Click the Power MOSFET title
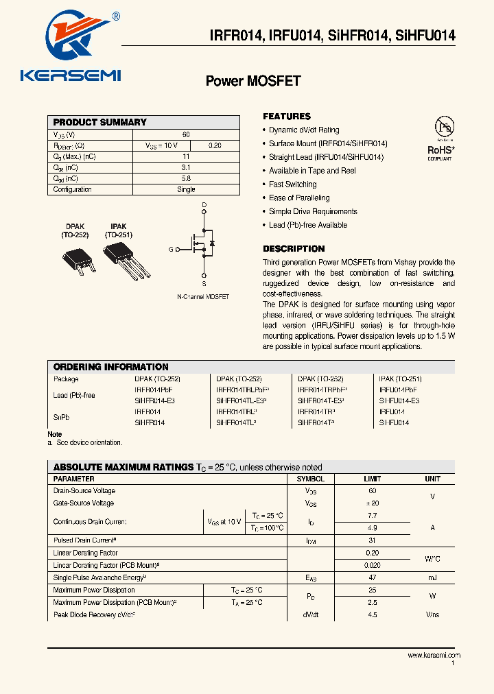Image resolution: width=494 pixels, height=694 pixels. pos(253,81)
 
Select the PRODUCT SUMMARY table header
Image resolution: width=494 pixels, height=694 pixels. pos(100,122)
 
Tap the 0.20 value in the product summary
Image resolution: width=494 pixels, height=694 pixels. pos(215,145)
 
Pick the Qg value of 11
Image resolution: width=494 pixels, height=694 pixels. pos(186,156)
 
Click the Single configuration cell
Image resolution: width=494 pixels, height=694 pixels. pos(186,189)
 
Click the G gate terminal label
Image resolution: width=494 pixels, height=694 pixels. pos(171,250)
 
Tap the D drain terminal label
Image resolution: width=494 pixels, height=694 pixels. pos(204,205)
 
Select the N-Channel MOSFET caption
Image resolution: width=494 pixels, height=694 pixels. pos(203,297)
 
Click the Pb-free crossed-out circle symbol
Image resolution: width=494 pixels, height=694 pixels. pos(445,127)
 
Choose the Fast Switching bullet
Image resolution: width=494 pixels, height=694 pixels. pos(292,184)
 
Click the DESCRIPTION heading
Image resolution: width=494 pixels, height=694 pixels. pos(294,249)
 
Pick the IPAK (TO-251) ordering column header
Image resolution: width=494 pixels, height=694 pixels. pos(400,379)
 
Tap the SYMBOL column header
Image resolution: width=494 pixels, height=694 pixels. pos(310,479)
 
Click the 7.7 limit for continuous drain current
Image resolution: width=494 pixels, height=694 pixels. pos(373,515)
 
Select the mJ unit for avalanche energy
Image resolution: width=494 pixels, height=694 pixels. pos(432,578)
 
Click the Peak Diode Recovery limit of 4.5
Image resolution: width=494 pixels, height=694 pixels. pos(373,615)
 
